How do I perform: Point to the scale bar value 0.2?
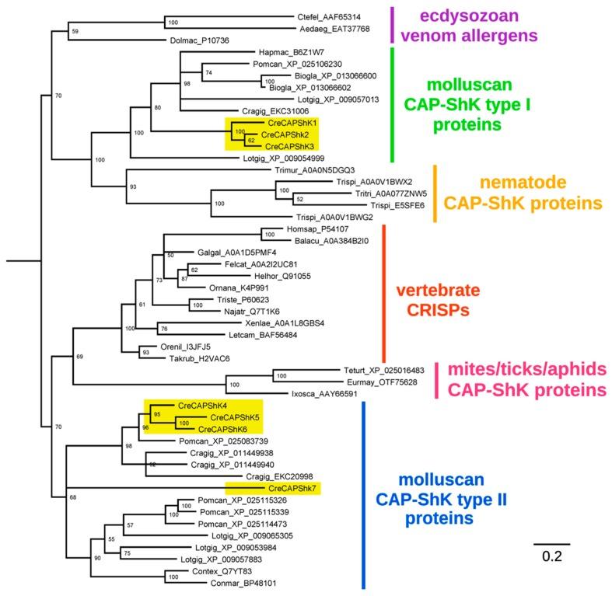551,556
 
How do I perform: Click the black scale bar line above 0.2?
551,542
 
